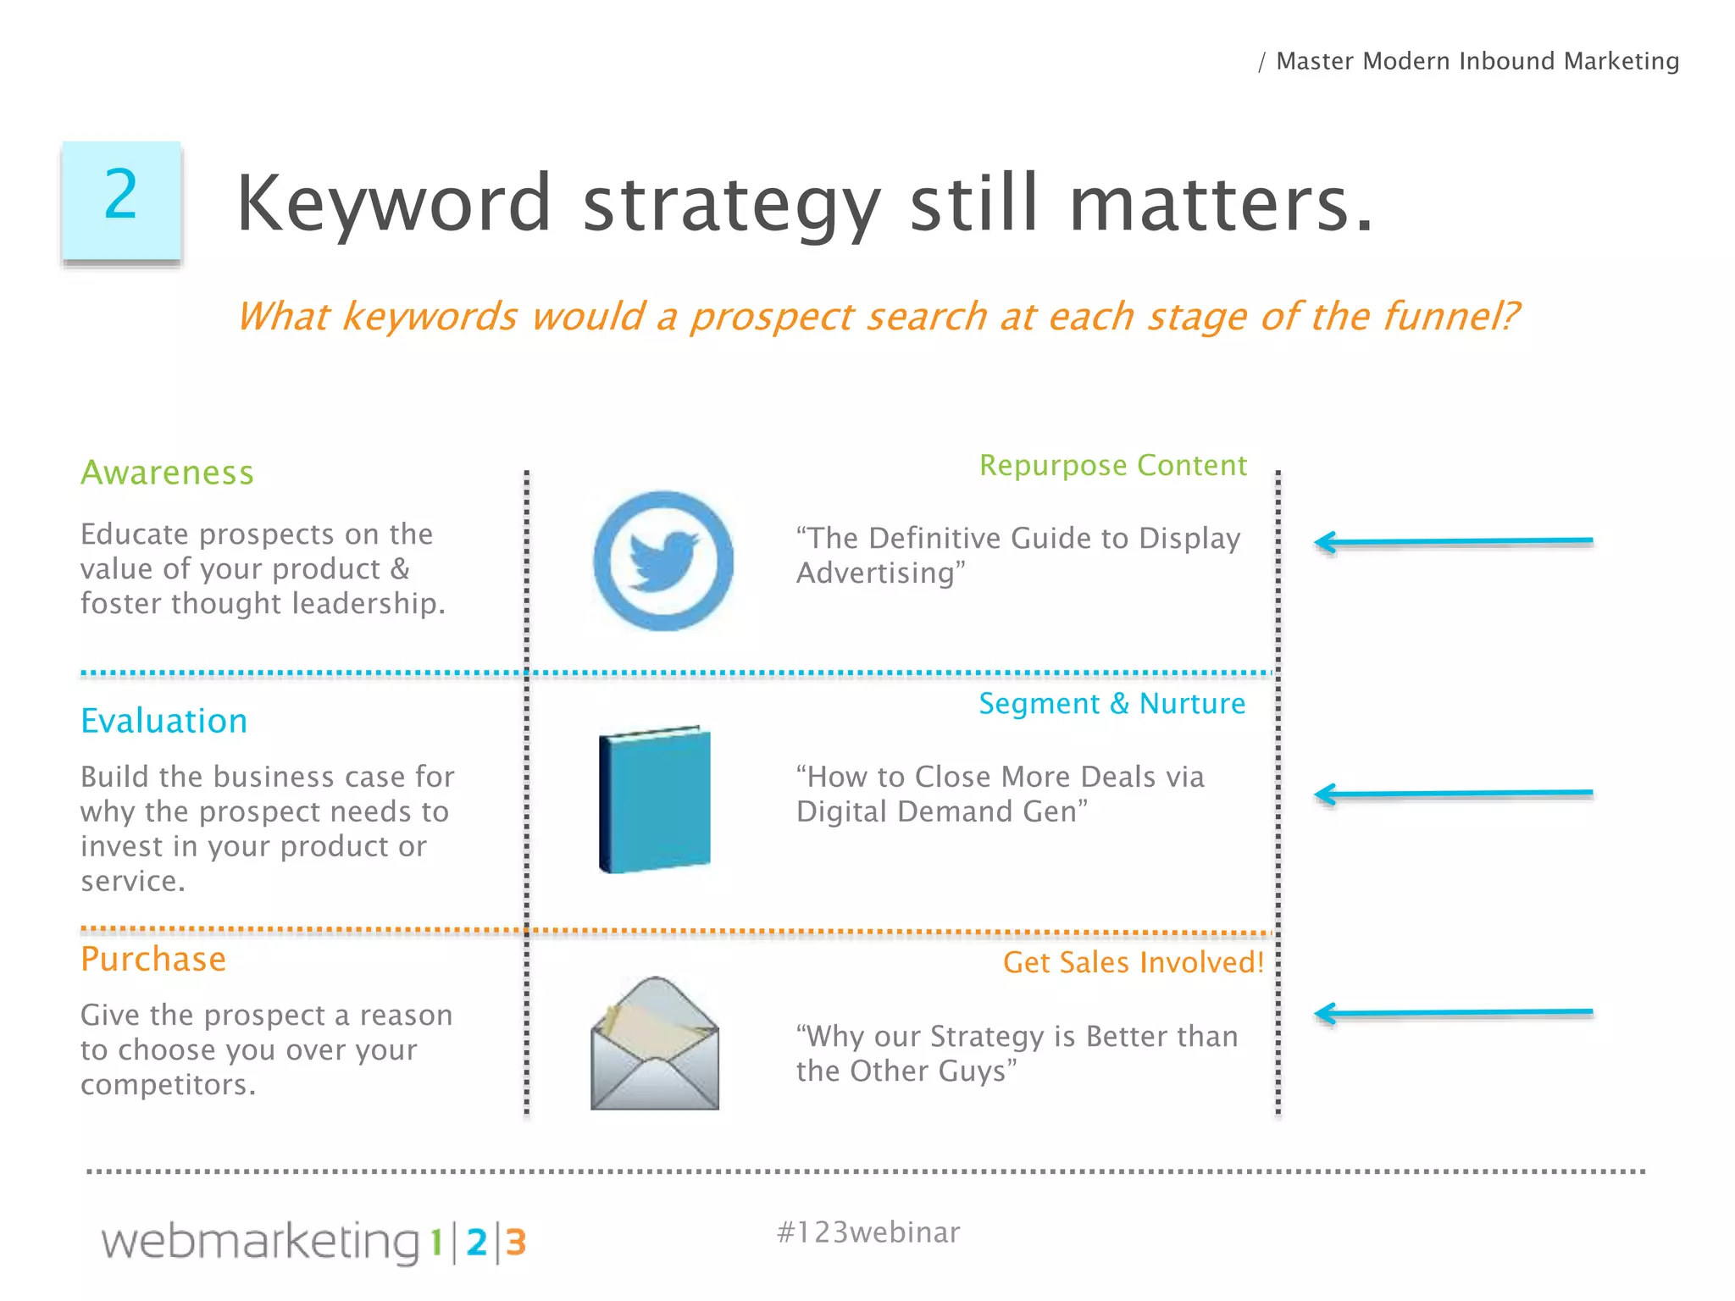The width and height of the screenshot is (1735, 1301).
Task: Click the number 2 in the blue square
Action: pos(121,196)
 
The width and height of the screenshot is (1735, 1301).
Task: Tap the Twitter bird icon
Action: pos(663,561)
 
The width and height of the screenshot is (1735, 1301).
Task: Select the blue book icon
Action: pos(655,800)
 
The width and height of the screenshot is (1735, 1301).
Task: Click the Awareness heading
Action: pos(167,473)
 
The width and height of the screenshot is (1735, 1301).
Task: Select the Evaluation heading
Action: pos(164,721)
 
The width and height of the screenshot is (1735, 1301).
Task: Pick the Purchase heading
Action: pos(153,960)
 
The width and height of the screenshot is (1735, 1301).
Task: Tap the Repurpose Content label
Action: pos(1112,465)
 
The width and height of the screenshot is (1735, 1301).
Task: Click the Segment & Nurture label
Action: pos(1111,704)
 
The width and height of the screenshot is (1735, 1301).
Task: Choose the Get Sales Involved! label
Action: pos(1133,962)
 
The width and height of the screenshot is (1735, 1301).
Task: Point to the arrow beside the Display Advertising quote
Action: pos(1453,541)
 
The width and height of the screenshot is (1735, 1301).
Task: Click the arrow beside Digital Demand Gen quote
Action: pos(1453,794)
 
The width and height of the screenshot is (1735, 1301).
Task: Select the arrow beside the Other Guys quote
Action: pos(1453,1012)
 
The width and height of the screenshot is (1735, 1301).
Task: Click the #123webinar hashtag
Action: pos(867,1232)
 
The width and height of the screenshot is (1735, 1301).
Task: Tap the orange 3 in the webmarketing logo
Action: pos(516,1243)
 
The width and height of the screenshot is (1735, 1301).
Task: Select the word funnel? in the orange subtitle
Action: pos(1451,317)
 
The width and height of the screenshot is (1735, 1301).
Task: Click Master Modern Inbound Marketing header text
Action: pos(1477,61)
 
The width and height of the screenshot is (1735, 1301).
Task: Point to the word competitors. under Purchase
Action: pos(168,1084)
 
